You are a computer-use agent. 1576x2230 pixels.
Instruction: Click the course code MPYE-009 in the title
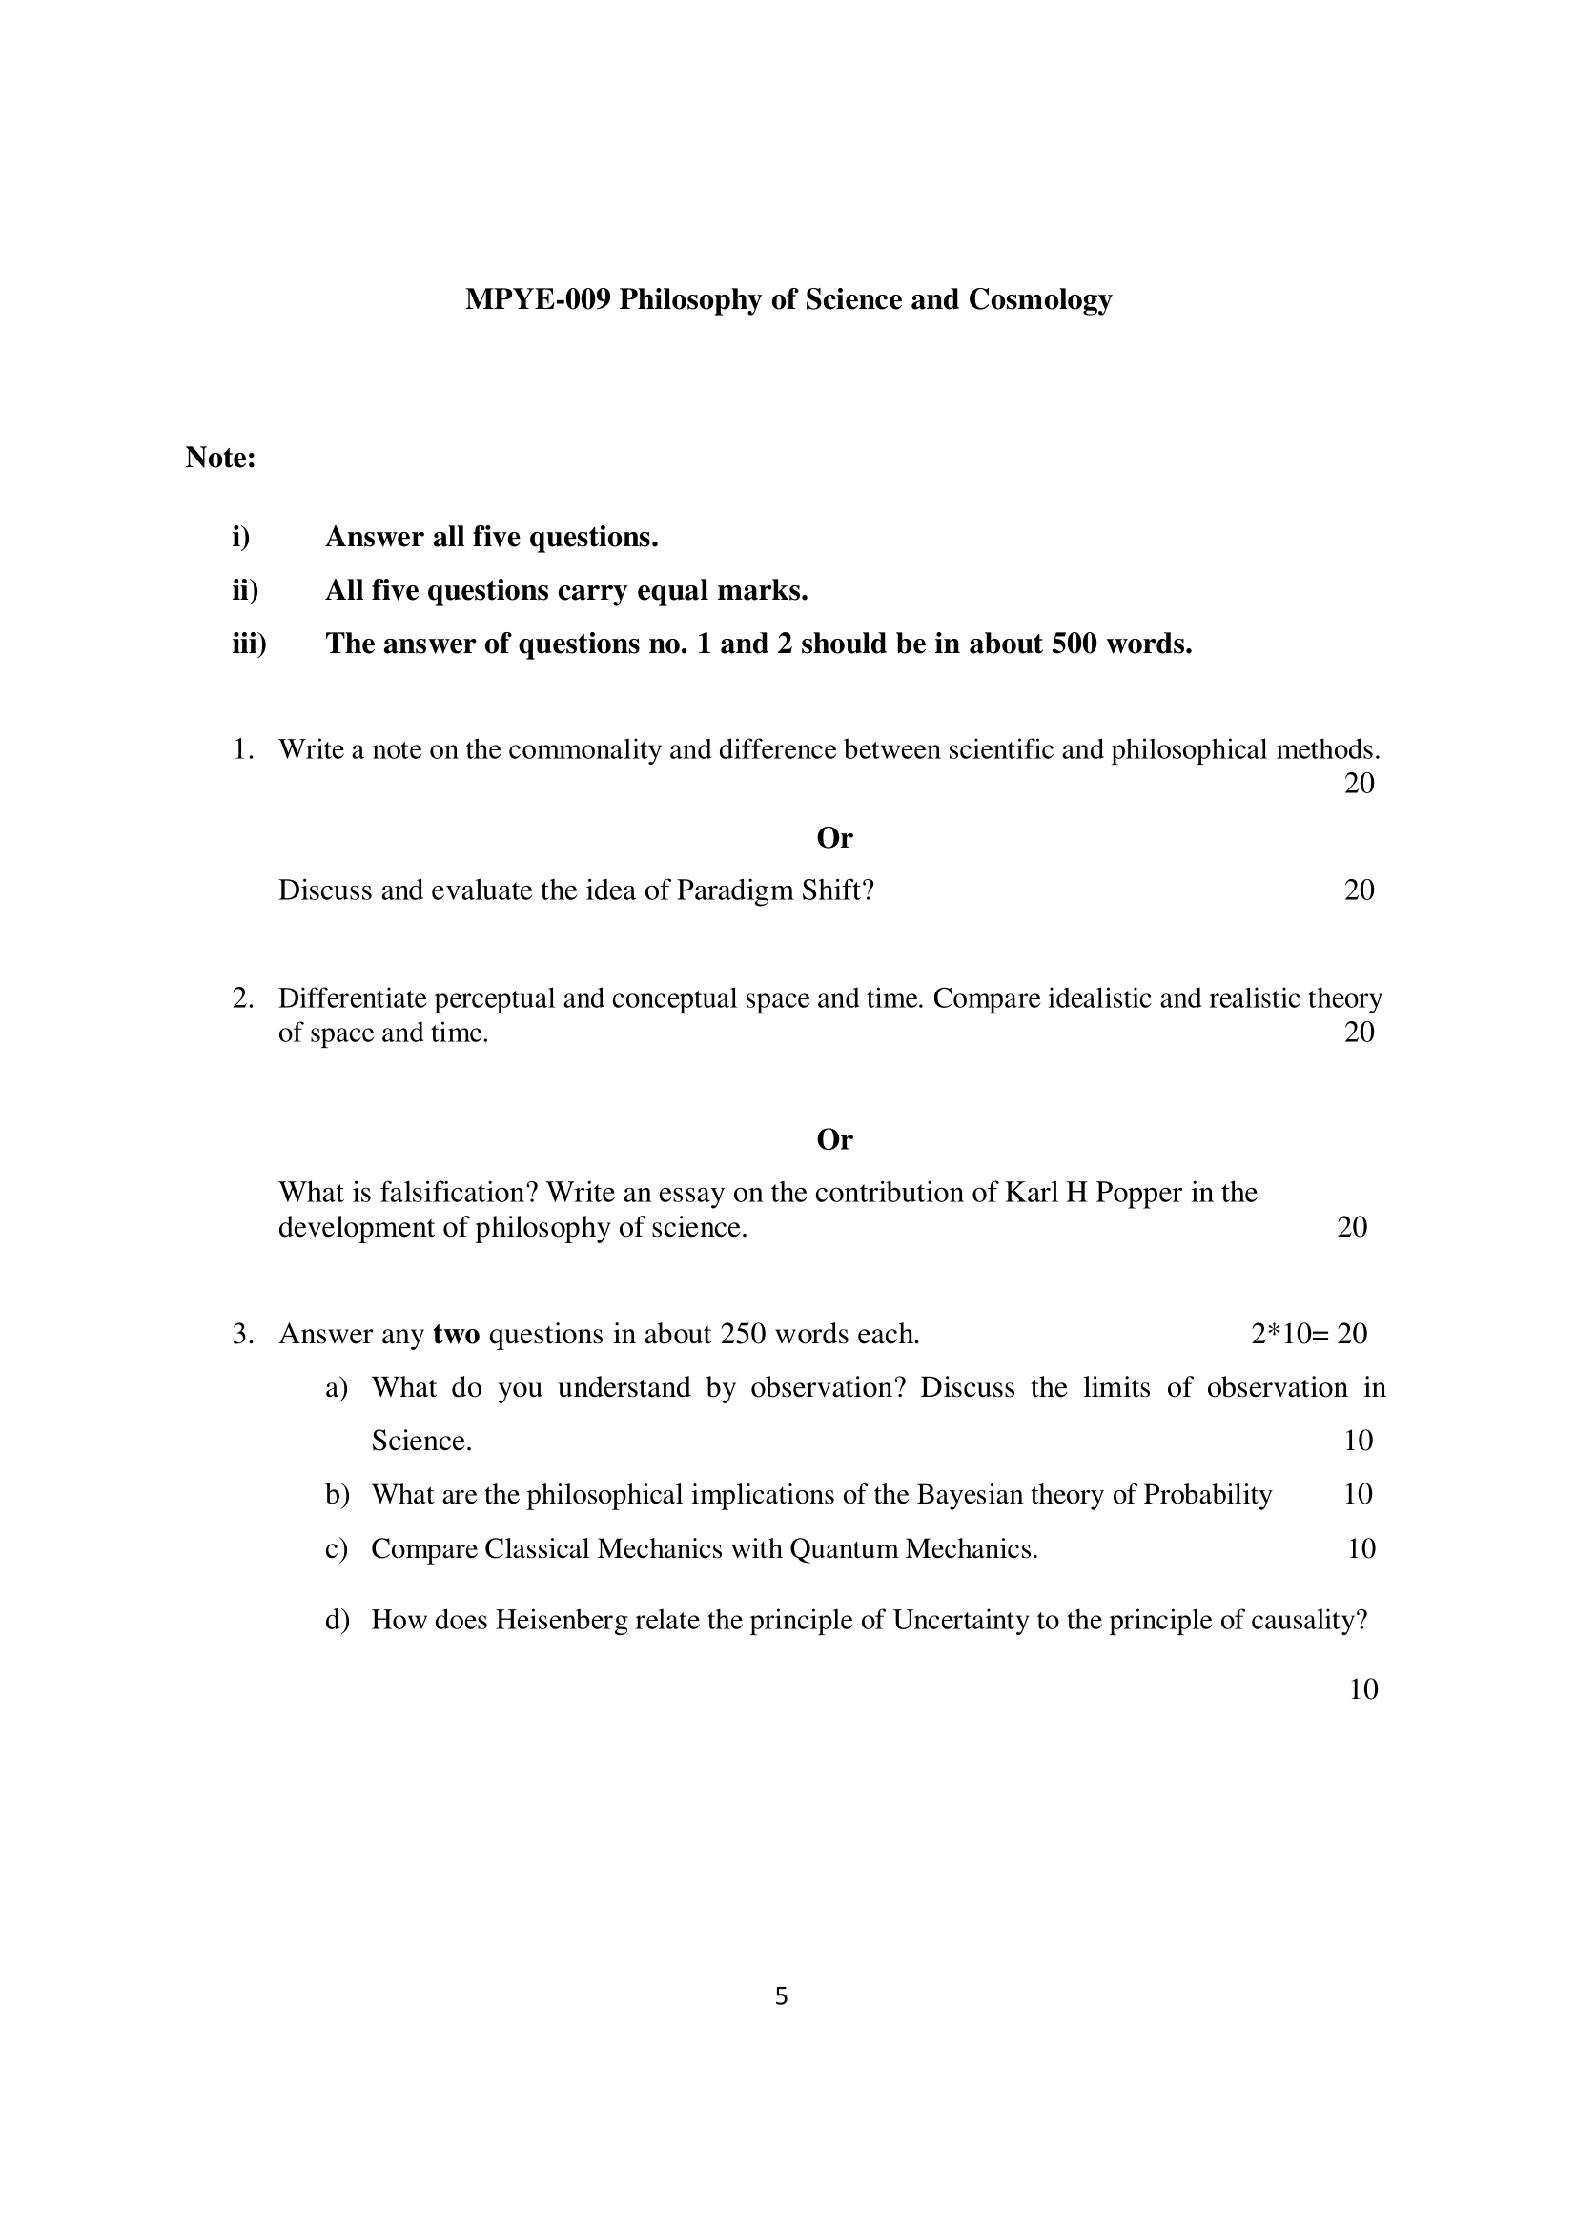tap(538, 299)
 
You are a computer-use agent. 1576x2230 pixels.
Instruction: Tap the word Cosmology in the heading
tap(1040, 299)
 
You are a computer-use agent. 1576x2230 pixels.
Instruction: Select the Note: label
tap(220, 458)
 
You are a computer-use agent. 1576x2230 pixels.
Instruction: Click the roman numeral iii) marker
tap(249, 644)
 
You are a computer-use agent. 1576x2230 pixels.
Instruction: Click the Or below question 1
tap(834, 837)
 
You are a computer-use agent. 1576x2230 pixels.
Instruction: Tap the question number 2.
tap(243, 998)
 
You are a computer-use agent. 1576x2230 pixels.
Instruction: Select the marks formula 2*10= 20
tap(1309, 1334)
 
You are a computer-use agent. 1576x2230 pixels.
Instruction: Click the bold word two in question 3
tap(457, 1334)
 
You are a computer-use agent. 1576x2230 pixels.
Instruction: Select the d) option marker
tap(337, 1620)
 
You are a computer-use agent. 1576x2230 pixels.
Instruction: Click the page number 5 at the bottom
tap(782, 1997)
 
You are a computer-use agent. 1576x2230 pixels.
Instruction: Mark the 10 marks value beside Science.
tap(1358, 1441)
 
